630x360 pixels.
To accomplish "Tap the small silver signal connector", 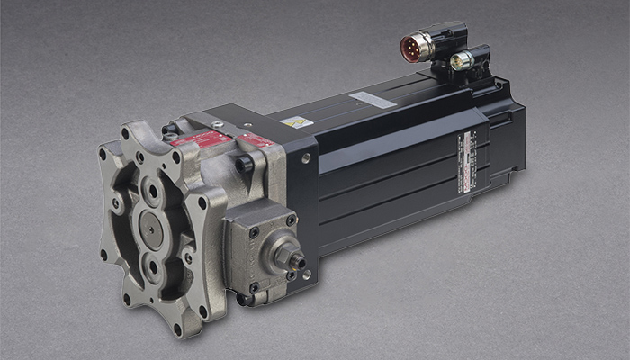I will [461, 62].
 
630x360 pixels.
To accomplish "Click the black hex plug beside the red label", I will [243, 164].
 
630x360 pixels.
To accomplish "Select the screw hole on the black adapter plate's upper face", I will [306, 157].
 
